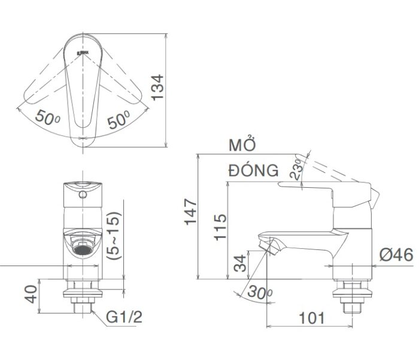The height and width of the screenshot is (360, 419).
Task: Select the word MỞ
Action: pos(242,145)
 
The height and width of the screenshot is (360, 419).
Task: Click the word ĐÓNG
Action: pos(253,170)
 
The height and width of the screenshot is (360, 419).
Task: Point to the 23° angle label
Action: pos(297,170)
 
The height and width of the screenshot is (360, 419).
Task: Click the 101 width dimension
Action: pos(311,318)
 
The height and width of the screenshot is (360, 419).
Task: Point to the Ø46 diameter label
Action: pos(396,255)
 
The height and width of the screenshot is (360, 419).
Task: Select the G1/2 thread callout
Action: pos(125,317)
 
